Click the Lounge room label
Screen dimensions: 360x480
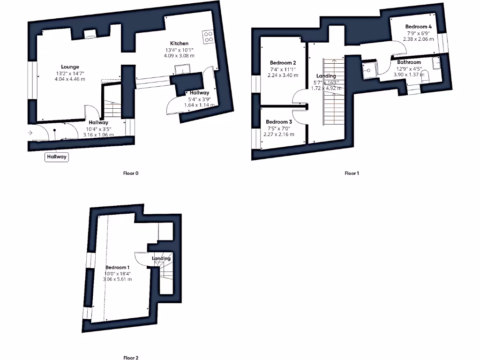point(70,67)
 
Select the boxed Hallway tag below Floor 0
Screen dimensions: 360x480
point(57,157)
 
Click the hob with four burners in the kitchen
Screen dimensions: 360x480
point(208,37)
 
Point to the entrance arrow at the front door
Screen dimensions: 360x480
point(30,133)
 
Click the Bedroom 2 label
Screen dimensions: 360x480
point(283,62)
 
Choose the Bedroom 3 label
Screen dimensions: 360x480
point(279,122)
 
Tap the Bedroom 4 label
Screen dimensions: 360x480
point(419,27)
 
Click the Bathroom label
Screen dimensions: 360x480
point(409,62)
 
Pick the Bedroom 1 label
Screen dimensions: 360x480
point(117,267)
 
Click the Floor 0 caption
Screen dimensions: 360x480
point(131,173)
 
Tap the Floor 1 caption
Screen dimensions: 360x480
point(352,173)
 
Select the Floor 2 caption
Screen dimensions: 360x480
point(131,358)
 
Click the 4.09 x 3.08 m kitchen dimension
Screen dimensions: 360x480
point(179,55)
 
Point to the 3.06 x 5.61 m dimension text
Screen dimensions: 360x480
point(117,279)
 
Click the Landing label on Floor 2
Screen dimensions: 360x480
point(161,258)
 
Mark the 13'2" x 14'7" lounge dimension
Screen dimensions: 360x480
point(70,73)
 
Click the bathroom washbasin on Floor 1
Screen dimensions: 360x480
point(437,62)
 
